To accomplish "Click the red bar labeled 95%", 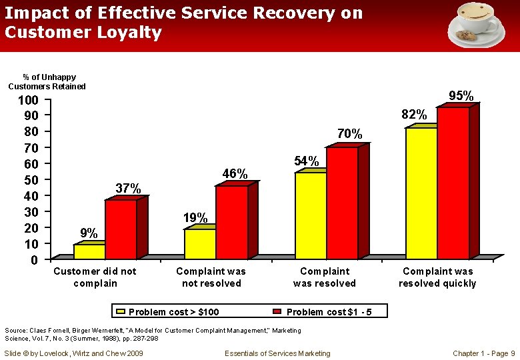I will [x=453, y=183].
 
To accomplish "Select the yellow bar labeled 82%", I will [x=421, y=193].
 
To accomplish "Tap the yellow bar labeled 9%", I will [x=89, y=251].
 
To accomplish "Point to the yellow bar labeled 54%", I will [x=310, y=215].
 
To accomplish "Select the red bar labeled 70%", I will [x=342, y=203].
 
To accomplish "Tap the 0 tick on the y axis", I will [x=35, y=260].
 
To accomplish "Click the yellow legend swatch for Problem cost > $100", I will [x=121, y=312].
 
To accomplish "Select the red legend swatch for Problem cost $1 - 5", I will [x=278, y=312].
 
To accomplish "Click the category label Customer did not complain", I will [x=95, y=277].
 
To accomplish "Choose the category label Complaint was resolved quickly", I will [x=437, y=277].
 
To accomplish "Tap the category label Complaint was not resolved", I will [x=211, y=277].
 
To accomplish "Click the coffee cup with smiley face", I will [x=476, y=25].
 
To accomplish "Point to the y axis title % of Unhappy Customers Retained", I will [x=47, y=82].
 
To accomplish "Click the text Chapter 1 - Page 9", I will [x=483, y=353].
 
